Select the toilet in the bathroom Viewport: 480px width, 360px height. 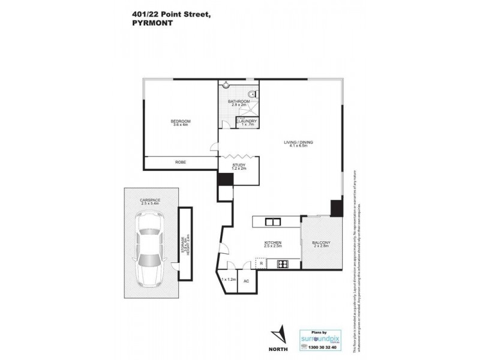(x=253, y=94)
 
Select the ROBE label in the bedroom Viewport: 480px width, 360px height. (x=180, y=162)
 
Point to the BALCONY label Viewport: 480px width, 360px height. (x=322, y=242)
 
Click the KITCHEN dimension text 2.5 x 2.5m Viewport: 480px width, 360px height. (x=273, y=246)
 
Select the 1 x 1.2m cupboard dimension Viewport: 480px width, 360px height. (x=229, y=280)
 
